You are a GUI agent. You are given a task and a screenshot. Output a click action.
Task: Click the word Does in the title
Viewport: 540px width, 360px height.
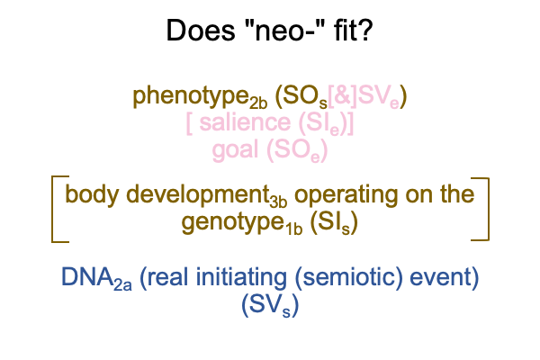click(201, 31)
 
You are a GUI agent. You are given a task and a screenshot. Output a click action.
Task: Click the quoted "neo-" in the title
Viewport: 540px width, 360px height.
click(283, 31)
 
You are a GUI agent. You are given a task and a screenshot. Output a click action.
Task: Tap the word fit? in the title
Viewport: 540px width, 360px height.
click(353, 31)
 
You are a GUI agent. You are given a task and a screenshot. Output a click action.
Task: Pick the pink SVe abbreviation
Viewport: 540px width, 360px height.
click(379, 96)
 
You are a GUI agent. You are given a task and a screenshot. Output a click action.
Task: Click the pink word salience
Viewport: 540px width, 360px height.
click(245, 122)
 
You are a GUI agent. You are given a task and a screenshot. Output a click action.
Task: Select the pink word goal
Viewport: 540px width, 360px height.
click(235, 151)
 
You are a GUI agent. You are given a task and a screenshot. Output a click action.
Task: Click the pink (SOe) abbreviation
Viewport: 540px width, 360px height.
click(297, 151)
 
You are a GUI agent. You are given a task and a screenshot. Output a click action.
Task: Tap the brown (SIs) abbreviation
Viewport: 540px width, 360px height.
click(334, 223)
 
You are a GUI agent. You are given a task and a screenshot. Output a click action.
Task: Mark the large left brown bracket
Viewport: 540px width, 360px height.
click(52, 209)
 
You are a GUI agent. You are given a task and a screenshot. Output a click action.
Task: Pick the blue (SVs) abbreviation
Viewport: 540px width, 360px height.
click(270, 305)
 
